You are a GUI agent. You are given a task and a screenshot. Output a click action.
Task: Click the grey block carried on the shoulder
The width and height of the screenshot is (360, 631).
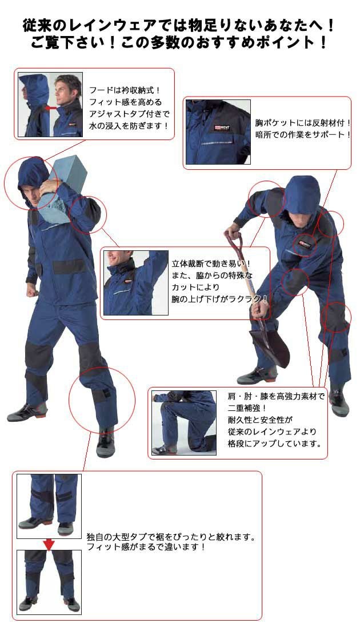[62, 189]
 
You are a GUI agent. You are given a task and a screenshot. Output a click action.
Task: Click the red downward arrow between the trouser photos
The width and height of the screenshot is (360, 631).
[49, 545]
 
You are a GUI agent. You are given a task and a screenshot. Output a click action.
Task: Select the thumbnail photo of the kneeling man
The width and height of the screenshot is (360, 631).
[184, 422]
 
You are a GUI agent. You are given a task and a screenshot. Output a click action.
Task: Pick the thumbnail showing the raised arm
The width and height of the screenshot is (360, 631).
[136, 283]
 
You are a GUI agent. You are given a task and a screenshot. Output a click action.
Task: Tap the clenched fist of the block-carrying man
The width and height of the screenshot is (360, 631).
[31, 290]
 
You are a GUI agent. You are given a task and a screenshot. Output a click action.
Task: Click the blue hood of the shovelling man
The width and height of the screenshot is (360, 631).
[302, 194]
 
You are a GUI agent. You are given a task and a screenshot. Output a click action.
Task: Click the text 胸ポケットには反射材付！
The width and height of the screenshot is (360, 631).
[303, 122]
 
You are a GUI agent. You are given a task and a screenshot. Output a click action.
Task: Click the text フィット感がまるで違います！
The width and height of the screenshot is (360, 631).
[146, 547]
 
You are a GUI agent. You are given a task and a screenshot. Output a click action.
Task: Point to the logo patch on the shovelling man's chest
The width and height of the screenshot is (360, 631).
[305, 244]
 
